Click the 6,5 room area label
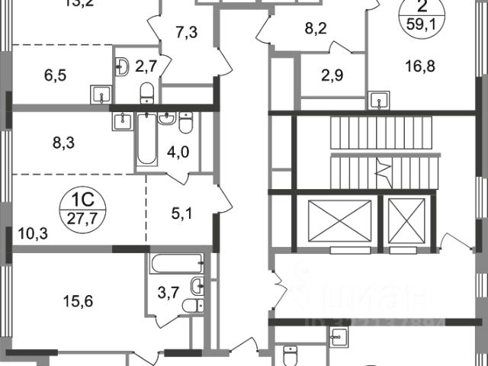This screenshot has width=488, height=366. pos(34,76)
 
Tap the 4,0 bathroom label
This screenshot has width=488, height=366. pos(178,150)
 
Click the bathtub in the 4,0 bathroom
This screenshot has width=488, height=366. pos(144,140)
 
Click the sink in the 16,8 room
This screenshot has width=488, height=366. pos(378,99)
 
